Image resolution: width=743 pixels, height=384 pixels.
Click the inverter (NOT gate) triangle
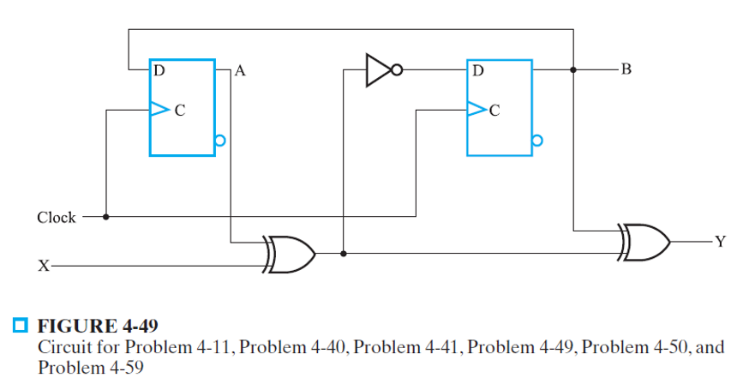pyautogui.click(x=376, y=70)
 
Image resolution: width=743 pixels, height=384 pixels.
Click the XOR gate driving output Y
pyautogui.click(x=644, y=241)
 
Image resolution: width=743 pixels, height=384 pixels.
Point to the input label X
pyautogui.click(x=42, y=267)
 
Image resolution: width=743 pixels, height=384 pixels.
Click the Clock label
pyautogui.click(x=57, y=218)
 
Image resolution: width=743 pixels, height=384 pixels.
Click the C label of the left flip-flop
pyautogui.click(x=180, y=111)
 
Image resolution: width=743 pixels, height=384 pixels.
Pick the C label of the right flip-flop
pyautogui.click(x=494, y=111)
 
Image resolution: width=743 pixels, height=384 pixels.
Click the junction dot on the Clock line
pyautogui.click(x=105, y=217)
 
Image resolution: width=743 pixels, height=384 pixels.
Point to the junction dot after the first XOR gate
pyautogui.click(x=344, y=254)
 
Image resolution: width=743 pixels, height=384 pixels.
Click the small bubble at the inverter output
pyautogui.click(x=398, y=70)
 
